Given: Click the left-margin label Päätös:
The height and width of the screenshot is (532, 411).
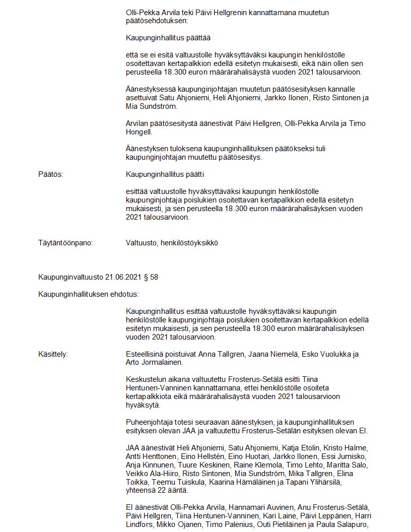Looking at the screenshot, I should pos(50,174).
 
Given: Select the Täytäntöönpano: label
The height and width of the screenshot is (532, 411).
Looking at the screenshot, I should pos(65,243).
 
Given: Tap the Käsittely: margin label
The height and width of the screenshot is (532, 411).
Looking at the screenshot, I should pos(53,354).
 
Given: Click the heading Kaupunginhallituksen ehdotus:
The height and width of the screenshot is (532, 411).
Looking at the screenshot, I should pos(89,294).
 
